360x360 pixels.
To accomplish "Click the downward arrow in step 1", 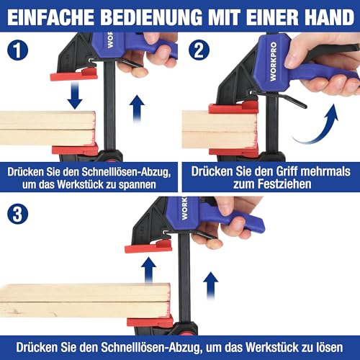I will [x=75, y=94].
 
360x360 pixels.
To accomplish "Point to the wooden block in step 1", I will [x=48, y=129].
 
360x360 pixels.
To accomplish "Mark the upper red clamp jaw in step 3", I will [x=148, y=247].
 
